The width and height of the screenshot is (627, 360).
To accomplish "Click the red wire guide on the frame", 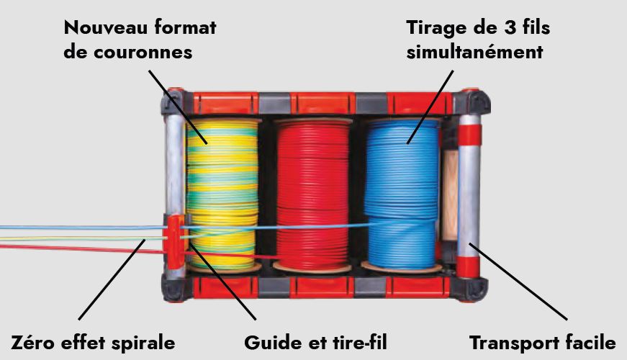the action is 174,242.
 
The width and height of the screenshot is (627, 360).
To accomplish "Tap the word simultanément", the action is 474,53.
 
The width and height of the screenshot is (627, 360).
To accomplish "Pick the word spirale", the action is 142,343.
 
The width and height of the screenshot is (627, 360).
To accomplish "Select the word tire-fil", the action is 359,343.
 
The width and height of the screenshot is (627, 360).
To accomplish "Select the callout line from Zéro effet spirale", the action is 112,279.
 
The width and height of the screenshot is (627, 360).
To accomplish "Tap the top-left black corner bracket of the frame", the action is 173,102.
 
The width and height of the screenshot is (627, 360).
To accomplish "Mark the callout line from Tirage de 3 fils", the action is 430,107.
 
